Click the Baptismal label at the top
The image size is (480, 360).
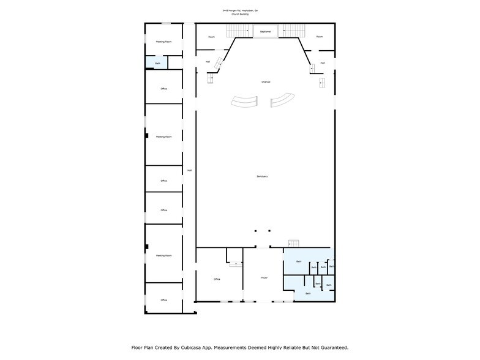[x=265, y=31]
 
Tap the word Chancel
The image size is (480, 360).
[x=265, y=82]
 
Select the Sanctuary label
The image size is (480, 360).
[x=262, y=176]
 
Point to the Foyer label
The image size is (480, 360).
[x=264, y=277]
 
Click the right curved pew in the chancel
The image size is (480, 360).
[x=283, y=100]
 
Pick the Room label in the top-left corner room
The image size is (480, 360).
[x=211, y=37]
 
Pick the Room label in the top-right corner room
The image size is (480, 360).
[x=319, y=37]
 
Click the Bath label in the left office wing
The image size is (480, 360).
[x=157, y=63]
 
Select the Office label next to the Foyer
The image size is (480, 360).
[x=217, y=279]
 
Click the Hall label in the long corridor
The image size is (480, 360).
[x=189, y=170]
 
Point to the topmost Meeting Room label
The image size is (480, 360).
[x=163, y=42]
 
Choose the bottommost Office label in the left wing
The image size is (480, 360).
[x=163, y=300]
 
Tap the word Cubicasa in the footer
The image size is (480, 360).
[x=192, y=348]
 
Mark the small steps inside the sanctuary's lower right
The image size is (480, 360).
[x=293, y=244]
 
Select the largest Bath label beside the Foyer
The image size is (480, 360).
[x=299, y=261]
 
